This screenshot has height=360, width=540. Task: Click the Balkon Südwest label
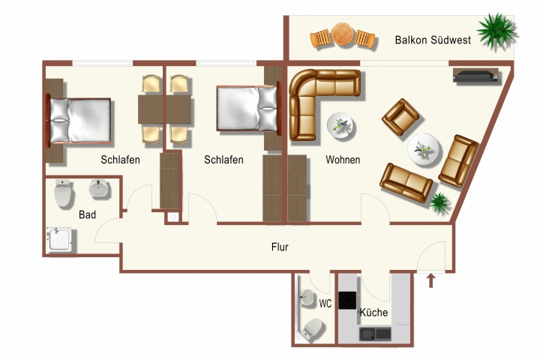(x=433, y=40)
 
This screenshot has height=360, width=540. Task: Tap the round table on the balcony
(x=343, y=34)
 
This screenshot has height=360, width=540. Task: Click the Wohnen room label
(x=343, y=160)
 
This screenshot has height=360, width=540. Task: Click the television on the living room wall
(x=474, y=75)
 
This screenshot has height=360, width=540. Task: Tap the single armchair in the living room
(x=400, y=118)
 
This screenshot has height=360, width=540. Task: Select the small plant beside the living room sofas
(x=438, y=201)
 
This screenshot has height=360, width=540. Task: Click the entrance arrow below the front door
(x=430, y=281)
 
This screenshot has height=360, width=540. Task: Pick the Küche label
(x=373, y=312)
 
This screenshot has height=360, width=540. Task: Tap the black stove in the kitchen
(x=347, y=300)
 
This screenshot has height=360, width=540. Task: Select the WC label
(x=325, y=304)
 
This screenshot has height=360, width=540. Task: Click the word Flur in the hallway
(x=280, y=247)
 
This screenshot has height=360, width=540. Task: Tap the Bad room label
(x=87, y=214)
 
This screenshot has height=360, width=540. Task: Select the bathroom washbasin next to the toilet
(x=99, y=190)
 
